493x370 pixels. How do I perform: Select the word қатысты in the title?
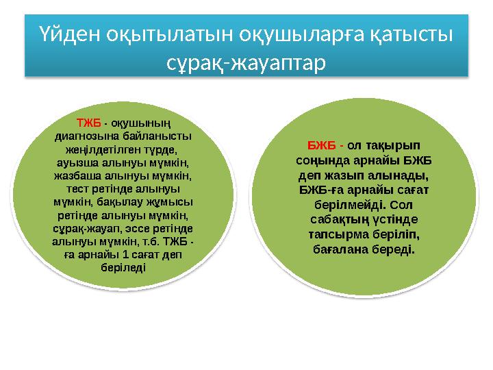(415, 34)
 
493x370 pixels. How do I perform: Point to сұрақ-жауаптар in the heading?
(247, 63)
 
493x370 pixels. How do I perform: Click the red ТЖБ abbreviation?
(88, 123)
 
